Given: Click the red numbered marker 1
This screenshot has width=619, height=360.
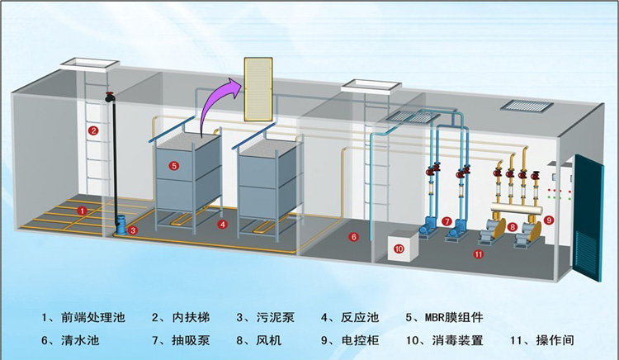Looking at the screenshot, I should click(x=82, y=211).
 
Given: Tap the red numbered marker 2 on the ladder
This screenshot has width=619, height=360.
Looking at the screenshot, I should click(x=94, y=130).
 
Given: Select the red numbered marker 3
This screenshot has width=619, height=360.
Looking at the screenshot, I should click(x=134, y=230).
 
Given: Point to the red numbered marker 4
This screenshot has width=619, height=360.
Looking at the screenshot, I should click(x=222, y=224).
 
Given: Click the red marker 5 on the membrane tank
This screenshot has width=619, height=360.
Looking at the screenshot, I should click(x=174, y=166).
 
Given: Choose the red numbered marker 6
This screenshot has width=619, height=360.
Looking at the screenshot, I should click(x=353, y=237).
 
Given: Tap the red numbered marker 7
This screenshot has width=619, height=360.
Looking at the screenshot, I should click(x=447, y=221).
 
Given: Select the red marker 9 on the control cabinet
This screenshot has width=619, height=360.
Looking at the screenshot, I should click(x=549, y=220).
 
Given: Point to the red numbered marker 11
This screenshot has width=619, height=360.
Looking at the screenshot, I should click(x=478, y=254).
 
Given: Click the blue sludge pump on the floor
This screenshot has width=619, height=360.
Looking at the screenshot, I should click(x=120, y=224).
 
